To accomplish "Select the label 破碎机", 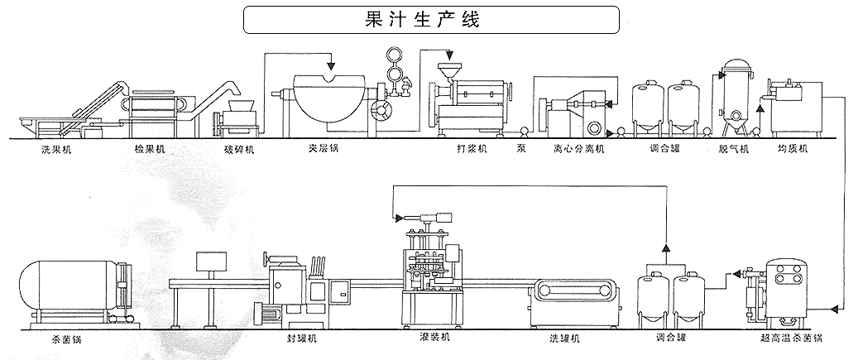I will pyautogui.click(x=239, y=151).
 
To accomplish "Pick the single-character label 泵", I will pyautogui.click(x=520, y=151).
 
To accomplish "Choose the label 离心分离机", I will pyautogui.click(x=580, y=151).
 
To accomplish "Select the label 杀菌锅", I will pyautogui.click(x=65, y=339).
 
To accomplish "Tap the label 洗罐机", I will pyautogui.click(x=565, y=339).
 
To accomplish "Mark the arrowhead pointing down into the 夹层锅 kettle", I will pyautogui.click(x=330, y=65).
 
